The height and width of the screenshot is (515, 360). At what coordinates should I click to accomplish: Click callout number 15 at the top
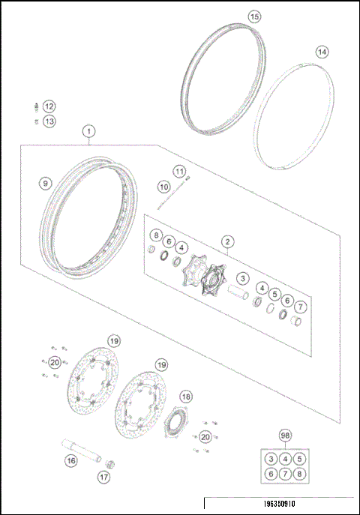255,16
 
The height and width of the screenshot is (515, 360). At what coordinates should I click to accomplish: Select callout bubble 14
322,52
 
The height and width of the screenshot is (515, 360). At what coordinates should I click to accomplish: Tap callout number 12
49,106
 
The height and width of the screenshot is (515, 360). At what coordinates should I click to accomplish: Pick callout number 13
49,121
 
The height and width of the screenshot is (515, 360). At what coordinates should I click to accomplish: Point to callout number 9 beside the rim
46,182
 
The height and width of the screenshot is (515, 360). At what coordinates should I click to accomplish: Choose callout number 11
179,171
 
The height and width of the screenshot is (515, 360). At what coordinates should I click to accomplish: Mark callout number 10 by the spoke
164,186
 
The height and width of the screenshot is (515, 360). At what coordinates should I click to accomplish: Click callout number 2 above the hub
227,241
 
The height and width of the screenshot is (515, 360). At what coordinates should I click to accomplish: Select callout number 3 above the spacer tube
242,277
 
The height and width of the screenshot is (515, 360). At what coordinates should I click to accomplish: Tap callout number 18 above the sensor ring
186,397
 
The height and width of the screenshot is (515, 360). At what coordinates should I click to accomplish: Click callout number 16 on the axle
70,461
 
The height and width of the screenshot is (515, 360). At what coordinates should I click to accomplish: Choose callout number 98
284,436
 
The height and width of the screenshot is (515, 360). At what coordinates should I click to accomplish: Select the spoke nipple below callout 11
188,178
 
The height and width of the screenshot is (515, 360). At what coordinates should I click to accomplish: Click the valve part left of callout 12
35,106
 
